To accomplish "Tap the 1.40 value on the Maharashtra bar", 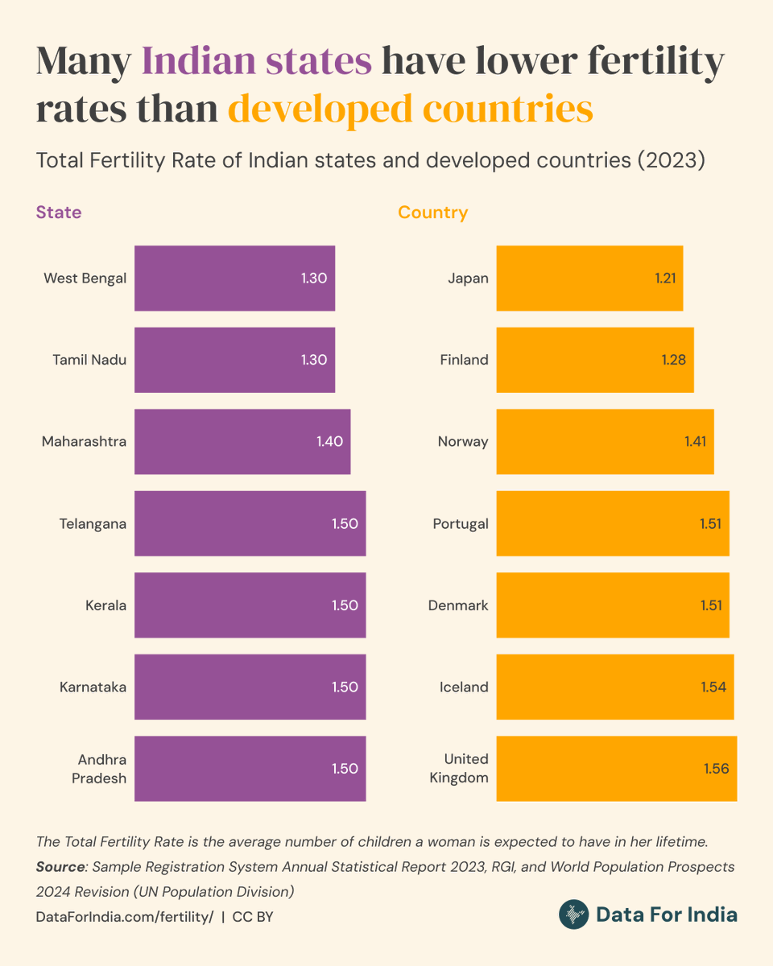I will coord(330,441).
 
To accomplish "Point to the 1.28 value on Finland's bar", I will coord(673,360).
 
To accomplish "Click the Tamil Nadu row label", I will coord(89,360).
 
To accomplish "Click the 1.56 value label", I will coord(716,769).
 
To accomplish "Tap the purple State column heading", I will coord(59,213).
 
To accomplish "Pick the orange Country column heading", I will coord(432,213).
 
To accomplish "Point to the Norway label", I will coord(463,441).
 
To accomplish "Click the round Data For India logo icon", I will coord(573,914).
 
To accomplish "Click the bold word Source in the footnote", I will coord(60,867).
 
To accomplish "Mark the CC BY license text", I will coord(253,917).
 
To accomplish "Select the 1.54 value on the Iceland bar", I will coord(713,687).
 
